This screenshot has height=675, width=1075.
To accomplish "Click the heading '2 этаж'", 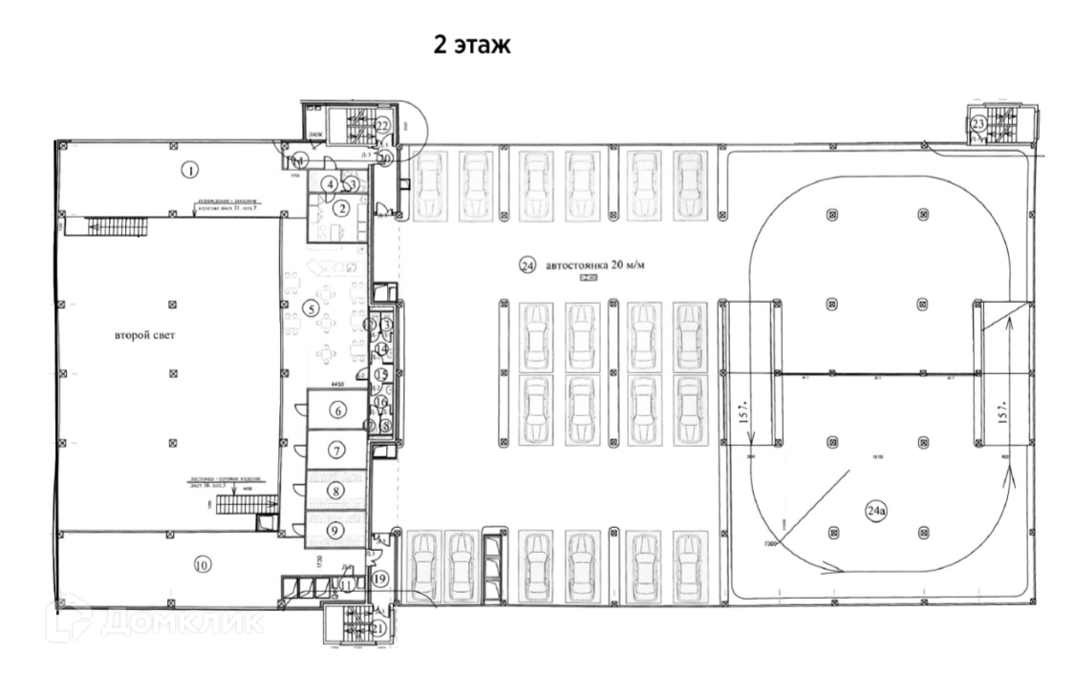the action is (472, 46).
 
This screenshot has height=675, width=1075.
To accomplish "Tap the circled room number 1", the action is (191, 171).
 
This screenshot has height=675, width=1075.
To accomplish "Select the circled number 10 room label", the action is (201, 563).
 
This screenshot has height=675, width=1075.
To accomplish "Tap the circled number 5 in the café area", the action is (310, 307).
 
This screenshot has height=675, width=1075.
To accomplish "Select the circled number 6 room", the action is (337, 411).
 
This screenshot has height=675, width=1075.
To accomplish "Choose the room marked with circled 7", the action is (337, 449).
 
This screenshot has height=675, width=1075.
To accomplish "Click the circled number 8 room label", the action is (335, 491).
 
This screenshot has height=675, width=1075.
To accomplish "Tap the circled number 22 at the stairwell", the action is (382, 123).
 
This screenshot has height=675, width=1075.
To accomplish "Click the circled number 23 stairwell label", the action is (978, 124).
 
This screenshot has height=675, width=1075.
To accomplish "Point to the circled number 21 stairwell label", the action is (378, 628).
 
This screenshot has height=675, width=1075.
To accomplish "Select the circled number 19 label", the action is (380, 578).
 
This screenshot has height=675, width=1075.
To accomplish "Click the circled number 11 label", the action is (348, 583).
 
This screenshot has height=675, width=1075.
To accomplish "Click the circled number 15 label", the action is (380, 375).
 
